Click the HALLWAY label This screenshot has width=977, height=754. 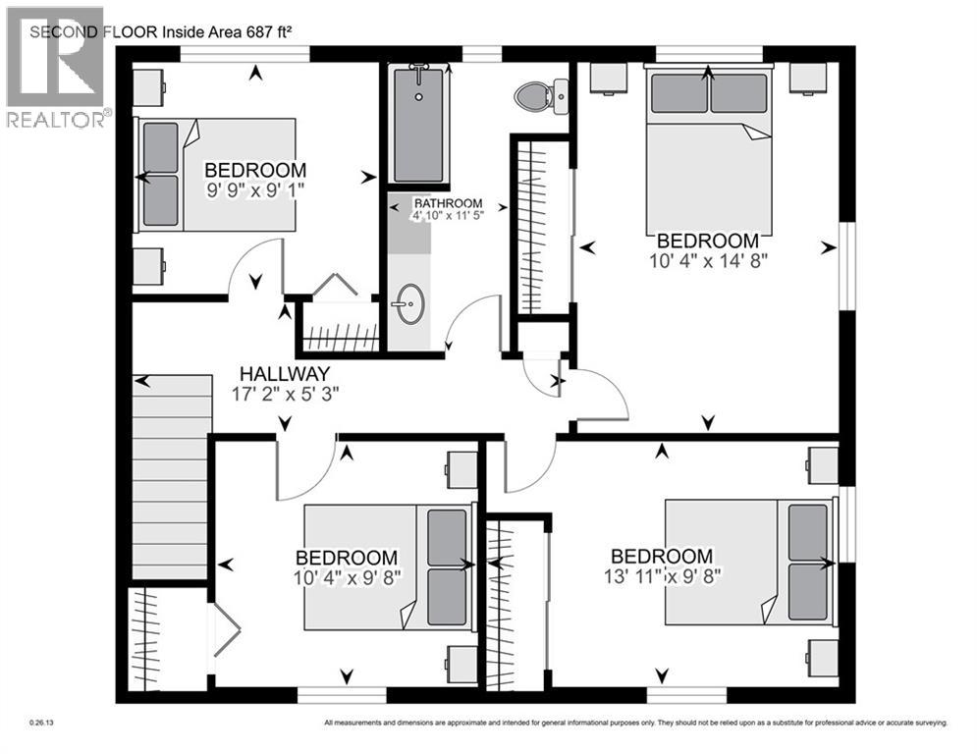click(x=286, y=374)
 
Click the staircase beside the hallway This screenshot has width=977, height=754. click(x=171, y=476)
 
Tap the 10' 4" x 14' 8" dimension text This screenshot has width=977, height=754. click(x=707, y=261)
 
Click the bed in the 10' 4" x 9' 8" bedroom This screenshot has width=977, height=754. click(x=388, y=566)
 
